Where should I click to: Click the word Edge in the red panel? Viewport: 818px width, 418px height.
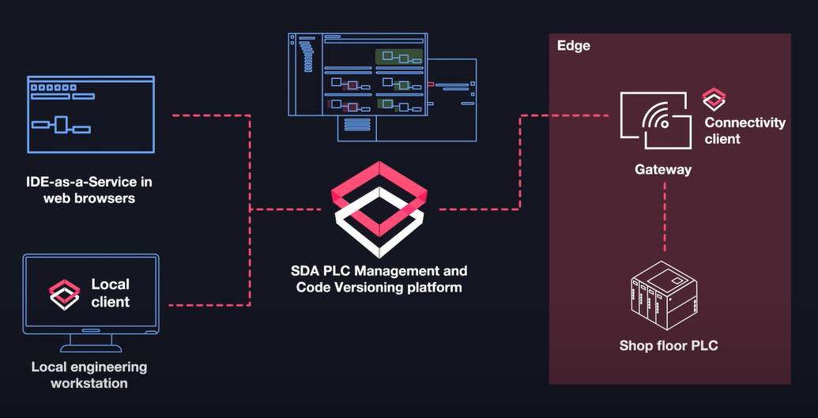pyautogui.click(x=574, y=46)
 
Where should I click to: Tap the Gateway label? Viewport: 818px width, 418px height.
pyautogui.click(x=663, y=170)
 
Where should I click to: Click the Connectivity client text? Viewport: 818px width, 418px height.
pyautogui.click(x=744, y=130)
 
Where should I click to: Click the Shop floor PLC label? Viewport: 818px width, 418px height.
pyautogui.click(x=669, y=345)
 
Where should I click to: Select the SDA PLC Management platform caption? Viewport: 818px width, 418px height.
pyautogui.click(x=379, y=279)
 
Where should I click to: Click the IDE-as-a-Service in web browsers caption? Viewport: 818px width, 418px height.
pyautogui.click(x=89, y=190)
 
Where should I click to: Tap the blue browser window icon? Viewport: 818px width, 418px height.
pyautogui.click(x=91, y=115)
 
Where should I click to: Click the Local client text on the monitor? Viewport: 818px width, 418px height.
pyautogui.click(x=111, y=292)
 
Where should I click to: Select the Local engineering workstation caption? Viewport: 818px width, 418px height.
pyautogui.click(x=89, y=375)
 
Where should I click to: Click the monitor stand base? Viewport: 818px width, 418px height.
pyautogui.click(x=91, y=347)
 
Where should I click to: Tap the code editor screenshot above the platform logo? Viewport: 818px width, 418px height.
pyautogui.click(x=383, y=87)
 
